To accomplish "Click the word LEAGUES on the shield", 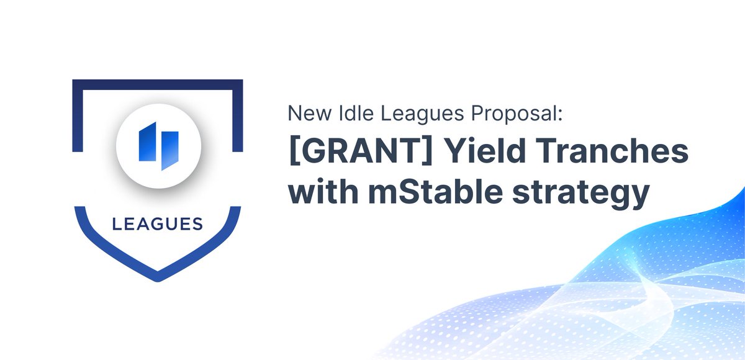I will click(x=157, y=223).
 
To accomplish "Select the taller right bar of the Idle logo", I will click(x=168, y=150).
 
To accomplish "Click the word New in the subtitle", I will click(x=304, y=114).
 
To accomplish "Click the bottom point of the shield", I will click(x=157, y=276).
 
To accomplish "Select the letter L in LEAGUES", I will click(x=116, y=223).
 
